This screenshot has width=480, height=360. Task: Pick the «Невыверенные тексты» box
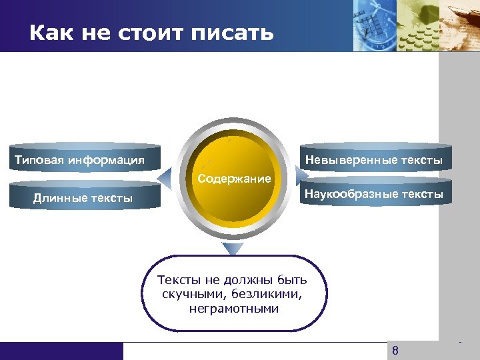pos(373,160)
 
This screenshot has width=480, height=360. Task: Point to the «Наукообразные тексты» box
pos(373,194)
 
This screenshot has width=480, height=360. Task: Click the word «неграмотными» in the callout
pos(233,309)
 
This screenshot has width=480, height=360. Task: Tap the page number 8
pos(395,351)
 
